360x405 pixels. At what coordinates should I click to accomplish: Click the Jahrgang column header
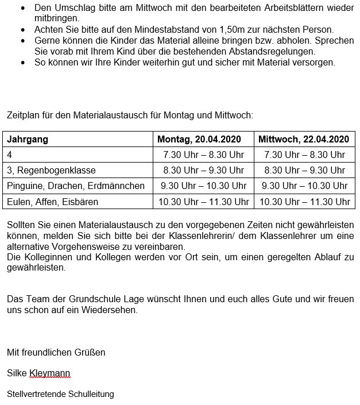28,139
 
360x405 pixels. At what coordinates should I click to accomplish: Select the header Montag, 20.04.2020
199,139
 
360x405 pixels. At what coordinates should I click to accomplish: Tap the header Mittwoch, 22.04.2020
304,139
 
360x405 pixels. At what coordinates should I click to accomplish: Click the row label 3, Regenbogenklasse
51,170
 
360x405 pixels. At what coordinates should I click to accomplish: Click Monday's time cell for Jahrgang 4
204,155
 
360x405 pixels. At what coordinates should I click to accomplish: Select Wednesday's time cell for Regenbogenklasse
304,170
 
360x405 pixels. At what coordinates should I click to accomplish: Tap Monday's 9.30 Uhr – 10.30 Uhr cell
204,186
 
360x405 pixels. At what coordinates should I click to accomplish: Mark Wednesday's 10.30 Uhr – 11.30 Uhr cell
305,202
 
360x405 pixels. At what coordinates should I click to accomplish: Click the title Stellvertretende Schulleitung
60,394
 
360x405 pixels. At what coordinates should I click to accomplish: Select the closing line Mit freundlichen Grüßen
56,352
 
